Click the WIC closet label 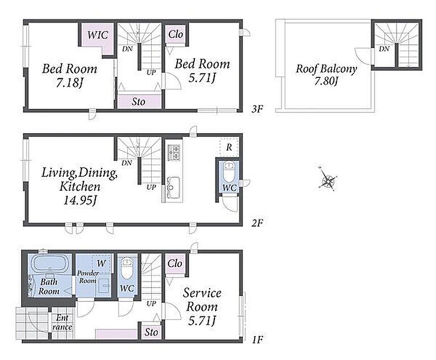(98, 35)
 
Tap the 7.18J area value (70, 83)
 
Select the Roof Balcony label (326, 69)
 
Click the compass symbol (328, 179)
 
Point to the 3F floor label (257, 109)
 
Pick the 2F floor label (257, 223)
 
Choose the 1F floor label (257, 339)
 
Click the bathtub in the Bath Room (49, 263)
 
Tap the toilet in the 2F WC (229, 171)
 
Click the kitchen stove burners (174, 153)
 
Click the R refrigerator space (229, 147)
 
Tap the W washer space (101, 263)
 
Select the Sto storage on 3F (139, 102)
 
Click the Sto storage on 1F (151, 332)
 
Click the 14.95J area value (80, 200)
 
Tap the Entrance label (62, 322)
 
